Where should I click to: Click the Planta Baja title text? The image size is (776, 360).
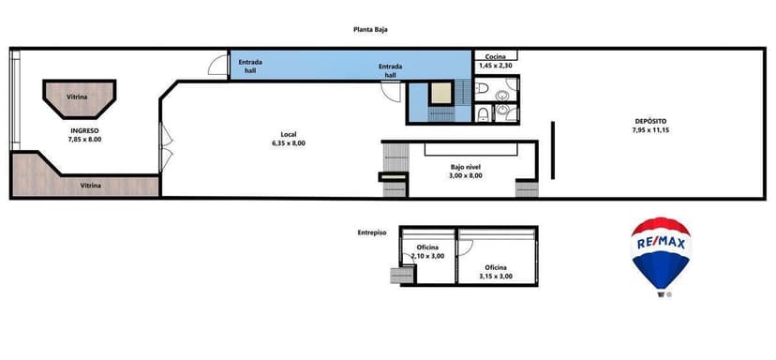[x=370, y=29]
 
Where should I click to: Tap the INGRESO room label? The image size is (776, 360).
[x=83, y=130]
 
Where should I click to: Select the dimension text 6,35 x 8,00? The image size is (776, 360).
[x=288, y=142]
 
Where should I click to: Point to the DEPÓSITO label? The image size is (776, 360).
[x=649, y=120]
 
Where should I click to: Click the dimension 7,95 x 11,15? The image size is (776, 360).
[x=649, y=129]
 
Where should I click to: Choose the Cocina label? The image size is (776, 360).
[x=496, y=57]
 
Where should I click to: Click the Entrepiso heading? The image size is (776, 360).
[x=372, y=232]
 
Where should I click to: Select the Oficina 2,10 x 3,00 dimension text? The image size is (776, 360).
[x=427, y=256]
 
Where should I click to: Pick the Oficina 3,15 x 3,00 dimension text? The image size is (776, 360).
[x=496, y=276]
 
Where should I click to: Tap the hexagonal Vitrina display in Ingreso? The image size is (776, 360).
[x=78, y=96]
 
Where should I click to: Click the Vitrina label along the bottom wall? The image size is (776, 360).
[x=91, y=186]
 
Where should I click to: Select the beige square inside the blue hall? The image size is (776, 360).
[x=439, y=94]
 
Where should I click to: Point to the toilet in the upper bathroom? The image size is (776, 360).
[x=481, y=90]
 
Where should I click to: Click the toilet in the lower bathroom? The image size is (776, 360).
[x=482, y=114]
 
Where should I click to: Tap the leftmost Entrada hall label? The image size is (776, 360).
[x=250, y=66]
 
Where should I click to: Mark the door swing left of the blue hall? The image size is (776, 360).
[x=217, y=67]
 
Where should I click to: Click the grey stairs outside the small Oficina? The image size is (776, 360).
[x=402, y=275]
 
